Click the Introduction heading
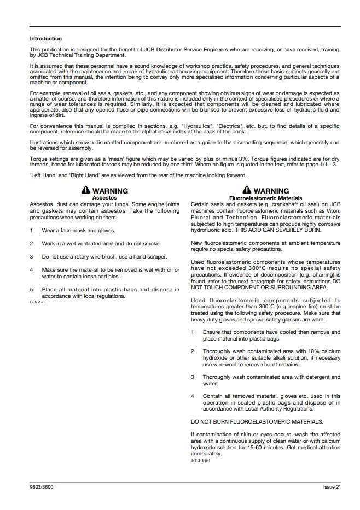pyautogui.click(x=45, y=39)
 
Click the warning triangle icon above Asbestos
pyautogui.click(x=85, y=191)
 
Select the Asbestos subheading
pyautogui.click(x=104, y=197)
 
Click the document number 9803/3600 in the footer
pyautogui.click(x=42, y=486)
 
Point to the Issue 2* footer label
pyautogui.click(x=332, y=486)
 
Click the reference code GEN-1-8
pyautogui.click(x=37, y=302)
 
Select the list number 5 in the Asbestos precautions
pyautogui.click(x=32, y=290)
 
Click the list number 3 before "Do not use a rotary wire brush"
pyautogui.click(x=32, y=256)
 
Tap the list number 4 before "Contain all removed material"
pyautogui.click(x=193, y=396)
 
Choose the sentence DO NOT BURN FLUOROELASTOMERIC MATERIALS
pyautogui.click(x=257, y=421)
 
